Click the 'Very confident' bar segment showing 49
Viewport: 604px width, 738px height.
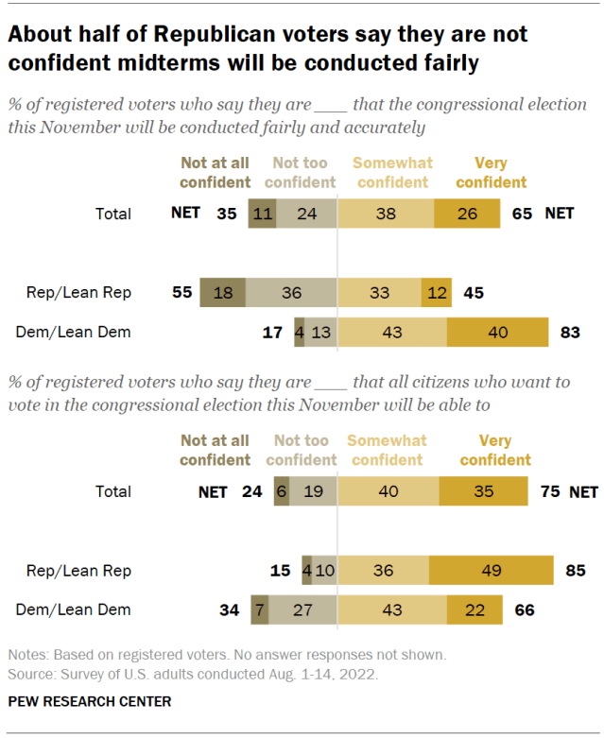pos(492,571)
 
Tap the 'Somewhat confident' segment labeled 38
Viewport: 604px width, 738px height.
pos(386,215)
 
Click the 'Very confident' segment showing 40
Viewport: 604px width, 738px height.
pos(497,332)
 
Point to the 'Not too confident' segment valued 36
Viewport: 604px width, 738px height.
pos(292,293)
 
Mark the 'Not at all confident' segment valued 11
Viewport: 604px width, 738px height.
pos(262,215)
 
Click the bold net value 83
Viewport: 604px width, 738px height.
pos(570,332)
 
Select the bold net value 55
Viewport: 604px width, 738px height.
pos(181,293)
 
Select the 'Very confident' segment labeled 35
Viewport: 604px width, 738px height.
pos(483,491)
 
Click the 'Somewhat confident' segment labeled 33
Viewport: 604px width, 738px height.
pos(379,293)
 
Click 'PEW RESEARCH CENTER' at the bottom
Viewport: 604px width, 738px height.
pos(90,702)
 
